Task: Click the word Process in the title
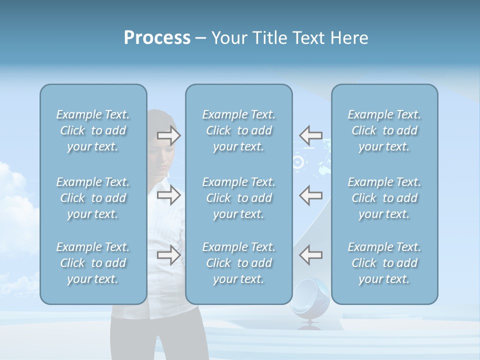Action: pos(157,38)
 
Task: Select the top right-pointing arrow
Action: pos(168,135)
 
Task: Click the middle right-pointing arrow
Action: pos(168,195)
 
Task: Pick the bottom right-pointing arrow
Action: pos(168,255)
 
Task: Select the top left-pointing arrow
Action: pos(311,135)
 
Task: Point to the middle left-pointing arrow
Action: pos(311,195)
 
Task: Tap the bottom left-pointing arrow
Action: pos(311,255)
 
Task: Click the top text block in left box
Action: pos(93,130)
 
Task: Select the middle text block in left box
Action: pos(93,198)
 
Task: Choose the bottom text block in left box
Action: pos(93,263)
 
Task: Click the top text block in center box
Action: pos(239,130)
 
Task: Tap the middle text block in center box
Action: pos(239,198)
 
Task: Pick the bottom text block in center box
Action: pos(239,263)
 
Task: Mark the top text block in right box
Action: pos(384,130)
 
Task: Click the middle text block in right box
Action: pos(384,198)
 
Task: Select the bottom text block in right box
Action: pos(384,263)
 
